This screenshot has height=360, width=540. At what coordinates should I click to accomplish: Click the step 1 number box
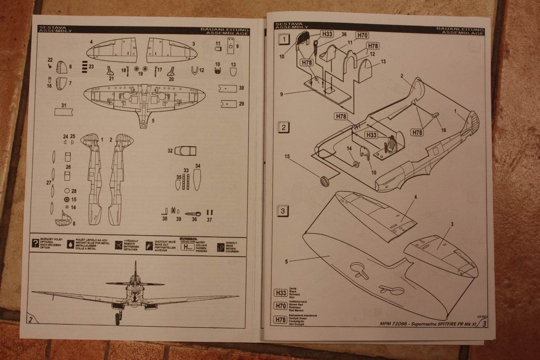coord(284,39)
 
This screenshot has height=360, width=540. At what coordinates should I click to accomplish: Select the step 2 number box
coord(284,127)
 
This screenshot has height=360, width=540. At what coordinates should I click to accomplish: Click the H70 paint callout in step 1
coord(362,35)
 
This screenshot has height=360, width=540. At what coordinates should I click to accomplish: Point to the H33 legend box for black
coord(280,293)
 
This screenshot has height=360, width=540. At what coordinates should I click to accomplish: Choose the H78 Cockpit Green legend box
coord(280,319)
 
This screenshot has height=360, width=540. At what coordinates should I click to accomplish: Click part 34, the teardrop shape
coord(197,178)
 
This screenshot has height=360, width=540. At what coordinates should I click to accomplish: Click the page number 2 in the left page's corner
coord(31,320)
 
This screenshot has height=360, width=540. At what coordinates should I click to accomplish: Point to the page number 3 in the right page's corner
coord(485,323)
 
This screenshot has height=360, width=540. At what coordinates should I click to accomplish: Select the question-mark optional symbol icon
coord(35,243)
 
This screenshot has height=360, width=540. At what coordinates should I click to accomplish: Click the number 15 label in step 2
coord(288,157)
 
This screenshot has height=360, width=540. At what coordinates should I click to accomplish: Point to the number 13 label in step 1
coord(383,62)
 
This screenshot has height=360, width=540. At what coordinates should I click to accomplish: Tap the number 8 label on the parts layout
coord(74,223)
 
